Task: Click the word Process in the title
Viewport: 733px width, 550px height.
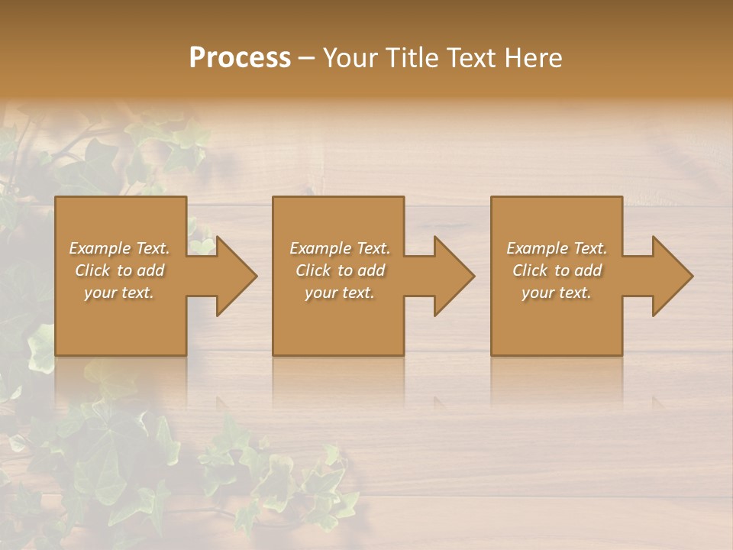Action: (240, 58)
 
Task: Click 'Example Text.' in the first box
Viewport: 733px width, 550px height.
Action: (119, 248)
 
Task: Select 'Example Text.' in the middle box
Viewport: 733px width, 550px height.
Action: (340, 248)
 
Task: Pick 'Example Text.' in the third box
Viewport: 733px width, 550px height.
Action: (557, 248)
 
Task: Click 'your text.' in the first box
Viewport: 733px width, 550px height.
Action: (119, 293)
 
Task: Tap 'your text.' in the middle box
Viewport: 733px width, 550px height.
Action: (340, 293)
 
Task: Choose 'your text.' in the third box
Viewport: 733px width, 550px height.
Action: (557, 293)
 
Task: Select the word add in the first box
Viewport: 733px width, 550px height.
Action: (150, 270)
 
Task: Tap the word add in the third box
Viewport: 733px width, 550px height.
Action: (588, 270)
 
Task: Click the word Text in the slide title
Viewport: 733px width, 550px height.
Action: (469, 58)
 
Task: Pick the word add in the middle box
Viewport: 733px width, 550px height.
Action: (371, 270)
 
